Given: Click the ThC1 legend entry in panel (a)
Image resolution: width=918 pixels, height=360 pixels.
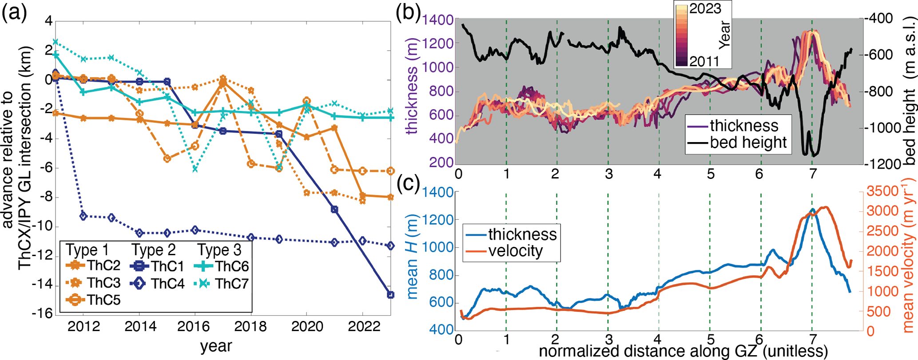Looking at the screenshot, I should click(167, 266).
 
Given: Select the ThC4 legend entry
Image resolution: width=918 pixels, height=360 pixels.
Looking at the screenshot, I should click(167, 284).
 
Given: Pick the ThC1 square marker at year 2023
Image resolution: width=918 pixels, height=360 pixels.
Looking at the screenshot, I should click(390, 295).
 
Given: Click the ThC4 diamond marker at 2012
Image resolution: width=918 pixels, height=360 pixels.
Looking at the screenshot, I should click(83, 216).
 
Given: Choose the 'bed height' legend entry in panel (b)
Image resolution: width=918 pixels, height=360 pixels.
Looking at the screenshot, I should click(748, 142).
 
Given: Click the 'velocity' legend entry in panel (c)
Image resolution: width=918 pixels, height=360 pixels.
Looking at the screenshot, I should click(515, 251).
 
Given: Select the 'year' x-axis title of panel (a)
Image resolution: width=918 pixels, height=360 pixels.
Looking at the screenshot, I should click(216, 346).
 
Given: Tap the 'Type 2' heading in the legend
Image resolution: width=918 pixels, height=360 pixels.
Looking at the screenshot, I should click(154, 250).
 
